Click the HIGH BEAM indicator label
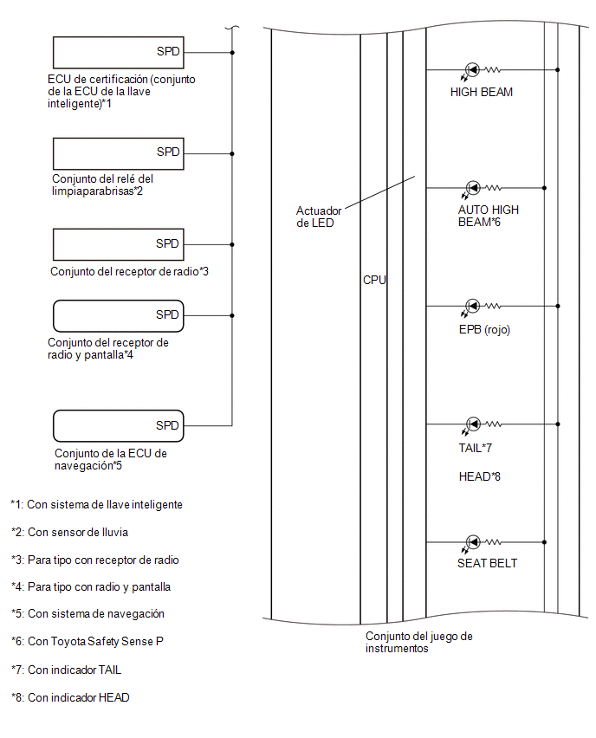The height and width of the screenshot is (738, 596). click(481, 92)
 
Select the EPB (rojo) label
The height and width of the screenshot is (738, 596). click(484, 329)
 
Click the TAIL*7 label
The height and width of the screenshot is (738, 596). click(475, 448)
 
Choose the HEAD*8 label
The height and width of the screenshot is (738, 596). click(479, 476)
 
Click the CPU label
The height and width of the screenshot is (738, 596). click(374, 280)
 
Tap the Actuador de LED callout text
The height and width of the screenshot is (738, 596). click(318, 217)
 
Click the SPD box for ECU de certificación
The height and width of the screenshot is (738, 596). click(118, 52)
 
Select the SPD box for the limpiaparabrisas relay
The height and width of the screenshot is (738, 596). click(118, 153)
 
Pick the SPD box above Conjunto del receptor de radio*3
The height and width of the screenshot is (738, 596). click(118, 244)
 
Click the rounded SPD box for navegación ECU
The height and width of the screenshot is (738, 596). click(118, 426)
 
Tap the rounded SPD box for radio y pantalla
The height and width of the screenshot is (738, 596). click(118, 316)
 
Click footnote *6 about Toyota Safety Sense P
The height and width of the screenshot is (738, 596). click(87, 642)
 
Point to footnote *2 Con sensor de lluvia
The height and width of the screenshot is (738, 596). click(69, 533)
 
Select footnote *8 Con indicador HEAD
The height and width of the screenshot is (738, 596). click(70, 697)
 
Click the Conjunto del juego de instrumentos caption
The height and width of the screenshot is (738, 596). click(419, 643)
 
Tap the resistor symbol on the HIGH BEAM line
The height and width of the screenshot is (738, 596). click(492, 69)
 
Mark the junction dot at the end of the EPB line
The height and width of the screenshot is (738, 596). click(558, 306)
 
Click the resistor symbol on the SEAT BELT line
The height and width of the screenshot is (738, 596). click(492, 542)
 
